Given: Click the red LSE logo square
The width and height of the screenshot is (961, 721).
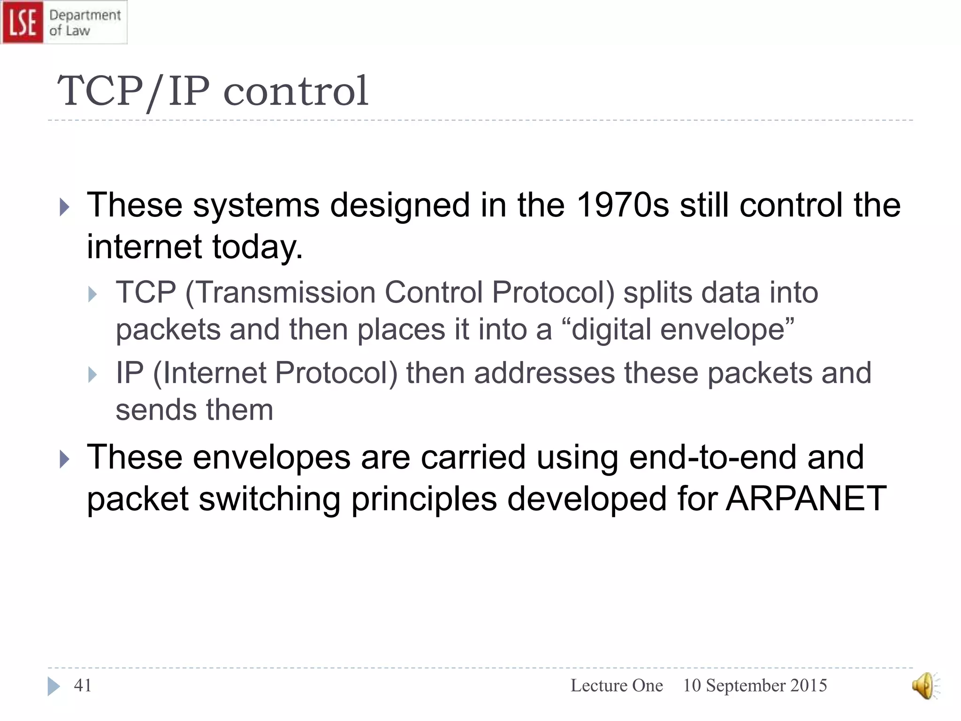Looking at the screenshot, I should (x=22, y=22).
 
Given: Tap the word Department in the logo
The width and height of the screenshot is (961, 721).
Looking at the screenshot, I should (x=85, y=15).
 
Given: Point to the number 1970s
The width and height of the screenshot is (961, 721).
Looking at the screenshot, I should (x=622, y=205).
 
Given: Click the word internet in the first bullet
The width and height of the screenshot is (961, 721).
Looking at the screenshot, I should (x=144, y=247).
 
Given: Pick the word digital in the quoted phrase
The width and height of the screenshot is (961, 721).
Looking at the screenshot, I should (x=606, y=330).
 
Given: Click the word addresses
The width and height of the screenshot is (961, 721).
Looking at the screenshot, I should (x=544, y=373).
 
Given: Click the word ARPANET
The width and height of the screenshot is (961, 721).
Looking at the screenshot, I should (x=806, y=499).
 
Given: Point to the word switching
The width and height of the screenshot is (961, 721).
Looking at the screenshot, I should (x=269, y=499).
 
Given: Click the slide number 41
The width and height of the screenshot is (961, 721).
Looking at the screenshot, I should (x=83, y=686).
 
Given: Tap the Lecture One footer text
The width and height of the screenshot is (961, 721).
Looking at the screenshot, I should (x=616, y=686).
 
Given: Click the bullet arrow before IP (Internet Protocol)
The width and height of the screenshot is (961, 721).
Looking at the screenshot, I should (x=92, y=375).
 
